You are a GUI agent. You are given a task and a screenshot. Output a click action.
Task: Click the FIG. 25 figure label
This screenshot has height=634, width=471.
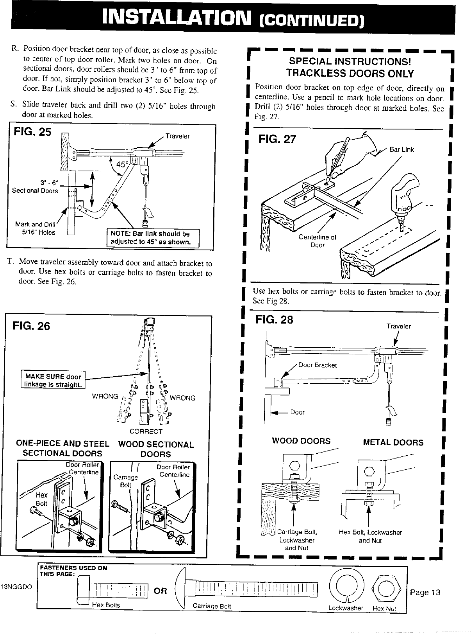(32, 132)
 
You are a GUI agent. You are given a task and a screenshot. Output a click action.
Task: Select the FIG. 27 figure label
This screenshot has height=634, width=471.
(277, 139)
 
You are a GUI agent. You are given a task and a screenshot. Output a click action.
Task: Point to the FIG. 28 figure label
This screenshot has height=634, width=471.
(274, 320)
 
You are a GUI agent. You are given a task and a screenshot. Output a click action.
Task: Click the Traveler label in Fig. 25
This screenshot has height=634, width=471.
(177, 136)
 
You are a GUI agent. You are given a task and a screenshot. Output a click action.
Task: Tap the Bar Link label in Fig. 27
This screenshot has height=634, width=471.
(401, 149)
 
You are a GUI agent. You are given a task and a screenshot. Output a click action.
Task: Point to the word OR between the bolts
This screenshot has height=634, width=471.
(161, 591)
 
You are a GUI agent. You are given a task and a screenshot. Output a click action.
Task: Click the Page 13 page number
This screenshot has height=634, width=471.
(425, 592)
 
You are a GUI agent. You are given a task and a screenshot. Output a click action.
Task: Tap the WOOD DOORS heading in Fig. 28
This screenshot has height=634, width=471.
(301, 441)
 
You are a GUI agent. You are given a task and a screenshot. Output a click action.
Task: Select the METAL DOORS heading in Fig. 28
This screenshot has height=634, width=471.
(393, 442)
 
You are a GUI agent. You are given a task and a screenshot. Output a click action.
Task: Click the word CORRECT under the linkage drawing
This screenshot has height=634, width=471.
(146, 431)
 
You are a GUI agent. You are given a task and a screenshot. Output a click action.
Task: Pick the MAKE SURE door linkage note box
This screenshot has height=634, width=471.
(53, 381)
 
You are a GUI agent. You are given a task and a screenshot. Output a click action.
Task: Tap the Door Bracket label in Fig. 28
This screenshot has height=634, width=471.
(317, 365)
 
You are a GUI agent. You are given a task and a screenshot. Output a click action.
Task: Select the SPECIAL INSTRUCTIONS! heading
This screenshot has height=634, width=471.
(350, 62)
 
